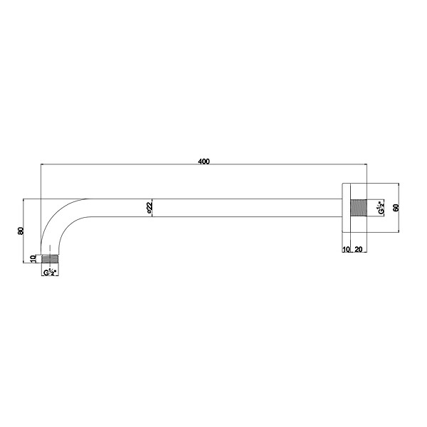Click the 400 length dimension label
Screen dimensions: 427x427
click(204, 162)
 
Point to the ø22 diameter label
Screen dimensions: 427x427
click(149, 208)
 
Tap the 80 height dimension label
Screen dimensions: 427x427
click(21, 231)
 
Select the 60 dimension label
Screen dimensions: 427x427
click(396, 208)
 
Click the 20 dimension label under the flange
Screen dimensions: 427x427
click(359, 249)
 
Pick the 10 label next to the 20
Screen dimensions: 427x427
click(346, 249)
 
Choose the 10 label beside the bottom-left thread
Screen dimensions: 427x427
click(33, 258)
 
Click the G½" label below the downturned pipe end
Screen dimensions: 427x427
click(50, 272)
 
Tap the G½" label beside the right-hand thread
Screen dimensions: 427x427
click(381, 208)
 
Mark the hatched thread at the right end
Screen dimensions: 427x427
click(359, 208)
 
